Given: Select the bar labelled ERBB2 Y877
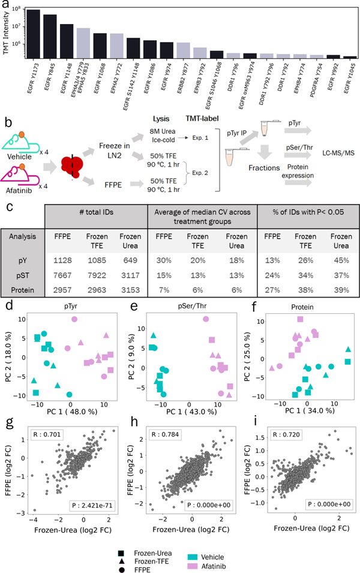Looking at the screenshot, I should [x=184, y=50].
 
